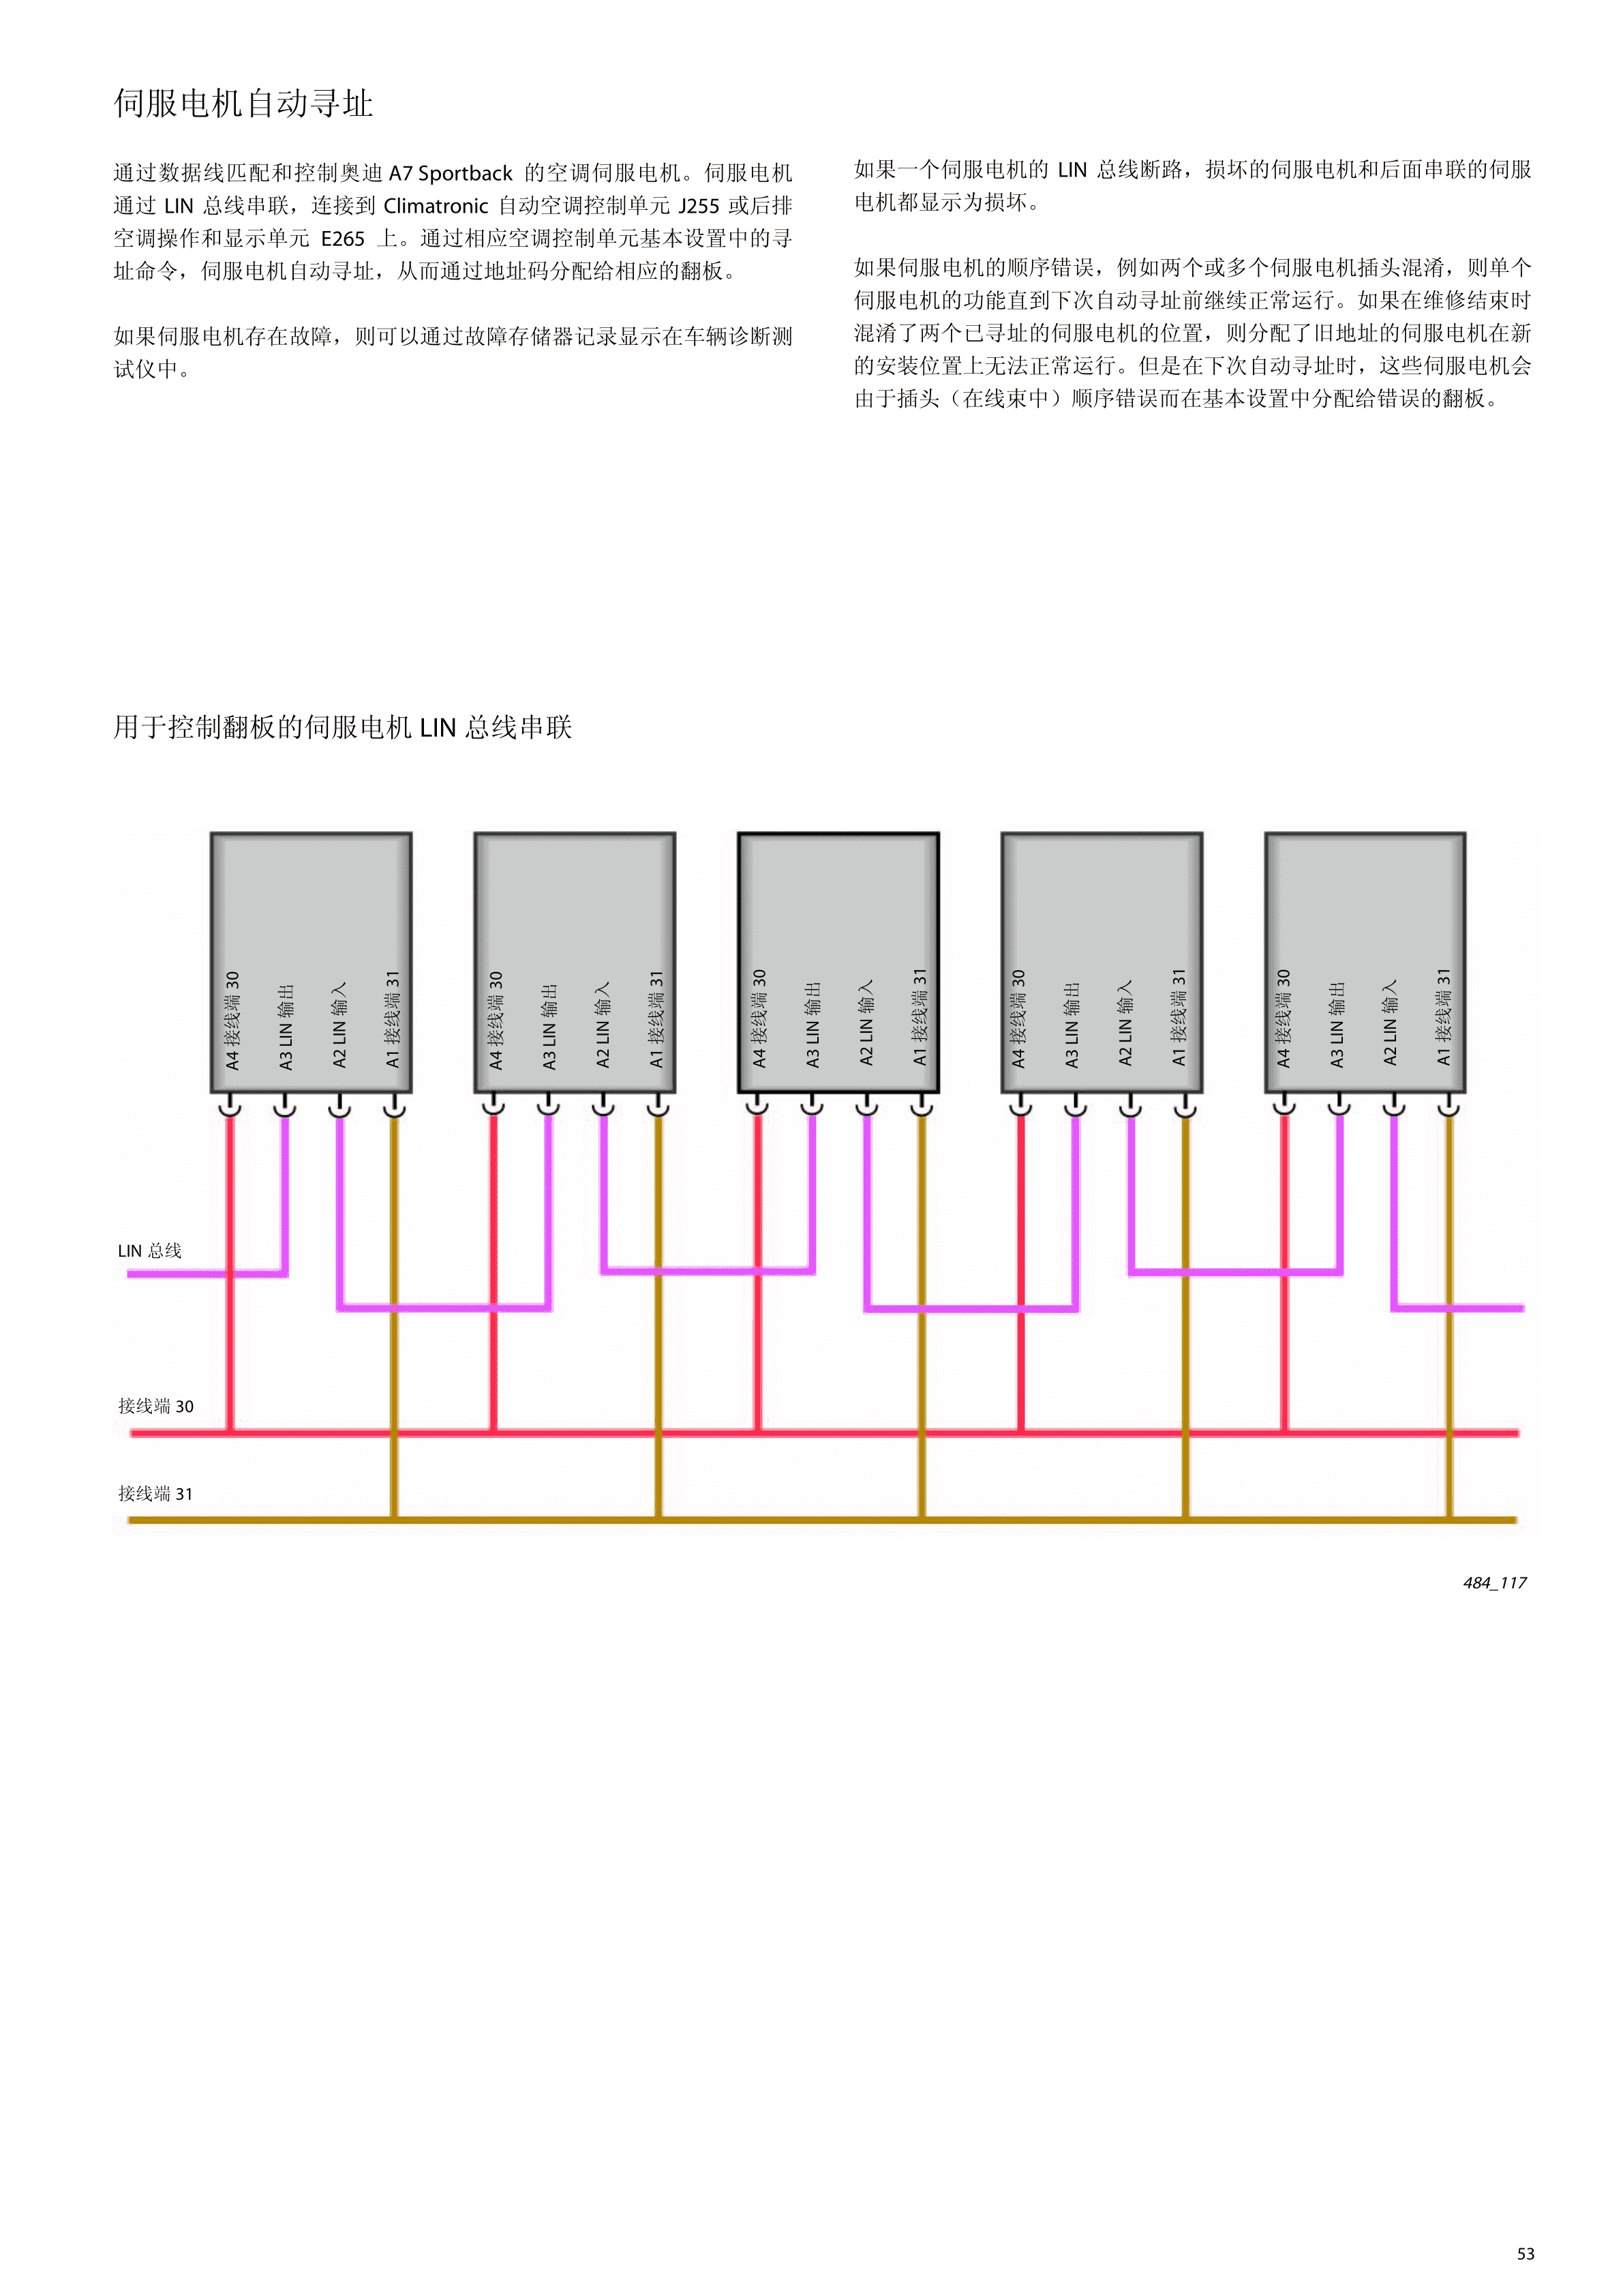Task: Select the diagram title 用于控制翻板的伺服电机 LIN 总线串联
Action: (x=342, y=727)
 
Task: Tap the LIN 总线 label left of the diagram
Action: (x=150, y=1251)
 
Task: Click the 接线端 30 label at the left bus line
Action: (x=156, y=1406)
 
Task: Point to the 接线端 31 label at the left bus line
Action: (x=156, y=1494)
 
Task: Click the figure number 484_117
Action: (x=1495, y=1583)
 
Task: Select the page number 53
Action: (x=1526, y=2254)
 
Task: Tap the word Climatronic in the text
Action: (x=436, y=206)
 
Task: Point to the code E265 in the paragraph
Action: (x=343, y=239)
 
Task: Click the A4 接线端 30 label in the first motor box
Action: (x=232, y=1020)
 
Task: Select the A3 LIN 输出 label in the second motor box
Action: (x=549, y=1026)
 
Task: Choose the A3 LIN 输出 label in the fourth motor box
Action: (x=1072, y=1024)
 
